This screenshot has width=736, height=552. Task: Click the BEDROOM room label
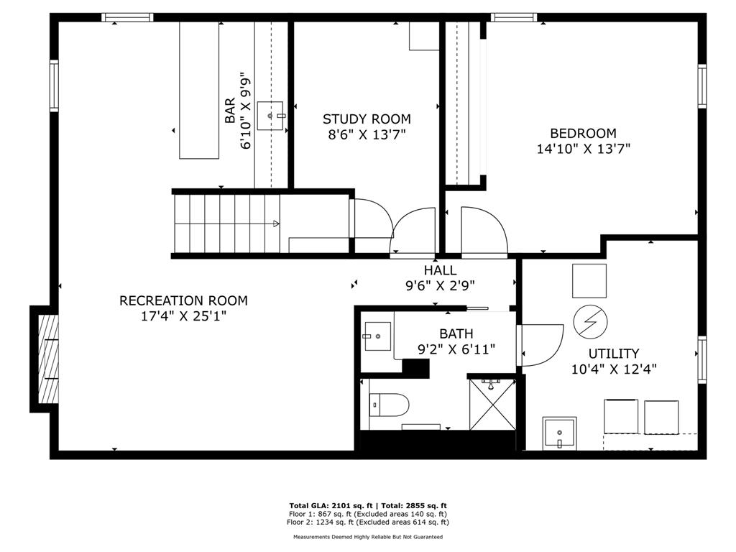583,133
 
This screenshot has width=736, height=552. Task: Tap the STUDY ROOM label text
367,119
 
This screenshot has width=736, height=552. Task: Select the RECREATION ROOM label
183,300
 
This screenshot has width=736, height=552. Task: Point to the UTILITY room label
614,354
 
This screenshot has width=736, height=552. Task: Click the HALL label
441,270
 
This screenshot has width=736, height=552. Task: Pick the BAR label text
230,111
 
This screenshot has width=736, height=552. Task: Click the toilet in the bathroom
389,405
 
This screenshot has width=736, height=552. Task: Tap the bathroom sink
378,336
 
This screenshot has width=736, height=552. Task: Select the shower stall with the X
492,404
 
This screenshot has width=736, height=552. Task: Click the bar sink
271,116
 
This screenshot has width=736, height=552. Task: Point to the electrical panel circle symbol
591,322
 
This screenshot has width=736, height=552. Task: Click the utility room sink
559,433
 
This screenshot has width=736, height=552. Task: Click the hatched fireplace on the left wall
48,359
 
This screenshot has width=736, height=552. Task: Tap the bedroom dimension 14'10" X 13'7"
583,149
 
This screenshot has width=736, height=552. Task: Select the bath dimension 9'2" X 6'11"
456,349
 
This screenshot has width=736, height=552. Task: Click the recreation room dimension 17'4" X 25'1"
183,316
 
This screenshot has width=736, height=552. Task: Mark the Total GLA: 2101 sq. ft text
331,505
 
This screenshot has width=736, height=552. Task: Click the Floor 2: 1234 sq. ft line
367,522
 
